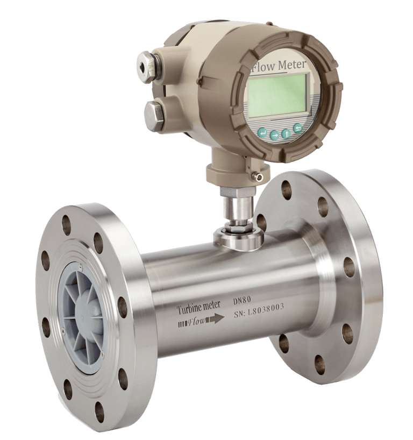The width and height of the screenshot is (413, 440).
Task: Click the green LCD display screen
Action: click(277, 95)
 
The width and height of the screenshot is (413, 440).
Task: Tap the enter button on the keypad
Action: click(262, 132)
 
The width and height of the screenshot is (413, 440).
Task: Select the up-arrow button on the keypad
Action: click(286, 133)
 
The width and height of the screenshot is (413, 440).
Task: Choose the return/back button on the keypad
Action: click(298, 128)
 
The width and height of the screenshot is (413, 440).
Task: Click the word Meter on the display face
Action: click(292, 65)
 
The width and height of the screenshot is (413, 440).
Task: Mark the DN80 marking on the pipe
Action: click(242, 301)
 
